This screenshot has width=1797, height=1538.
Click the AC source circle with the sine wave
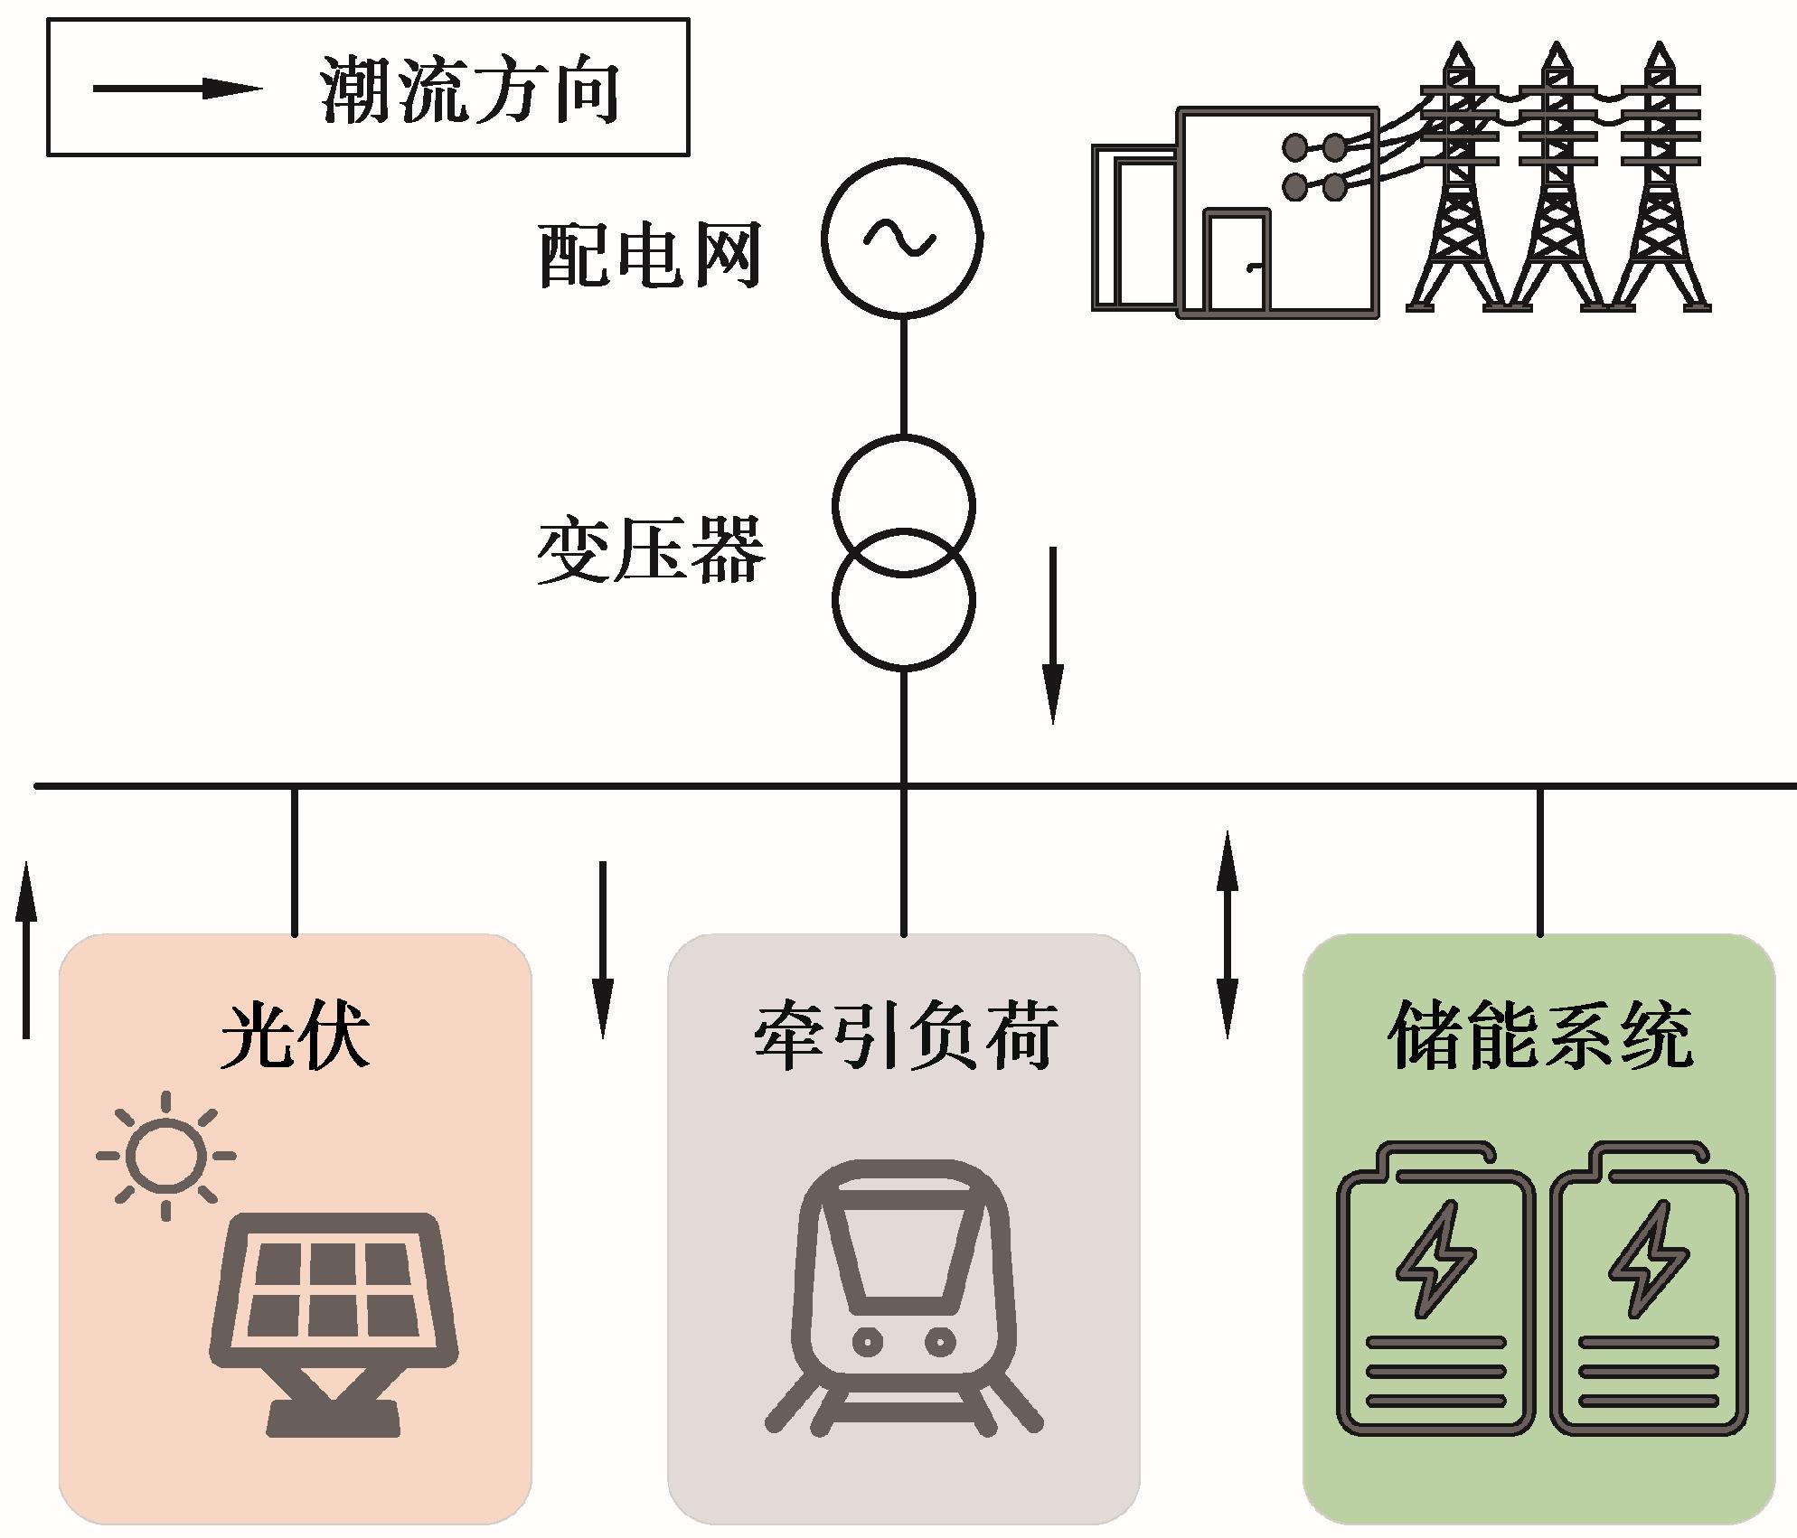(902, 238)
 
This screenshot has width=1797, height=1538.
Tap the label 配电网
(650, 256)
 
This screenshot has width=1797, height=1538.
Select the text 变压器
(651, 551)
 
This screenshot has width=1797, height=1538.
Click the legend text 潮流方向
(470, 90)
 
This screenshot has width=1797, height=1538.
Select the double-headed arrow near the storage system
(1227, 934)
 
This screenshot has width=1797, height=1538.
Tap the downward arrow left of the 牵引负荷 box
(602, 949)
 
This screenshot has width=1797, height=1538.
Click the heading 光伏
(296, 1035)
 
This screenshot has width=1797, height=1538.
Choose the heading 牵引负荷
(906, 1035)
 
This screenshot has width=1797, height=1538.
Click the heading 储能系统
(1540, 1035)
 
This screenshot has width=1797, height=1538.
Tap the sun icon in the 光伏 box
(165, 1156)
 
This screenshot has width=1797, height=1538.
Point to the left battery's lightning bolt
(1435, 1258)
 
